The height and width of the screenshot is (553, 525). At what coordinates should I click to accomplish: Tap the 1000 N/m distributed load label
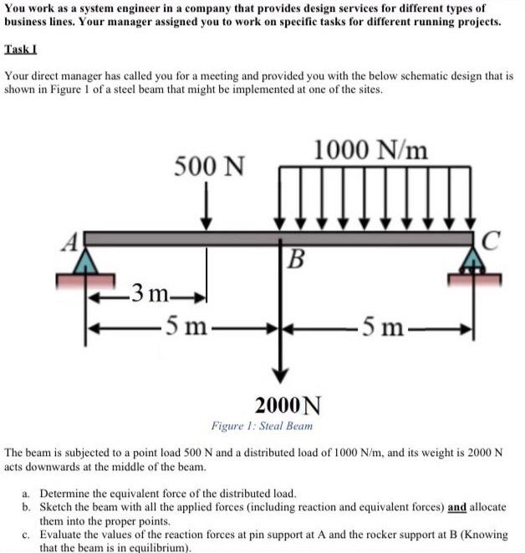(372, 150)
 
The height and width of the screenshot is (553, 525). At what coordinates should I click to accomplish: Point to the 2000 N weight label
(287, 406)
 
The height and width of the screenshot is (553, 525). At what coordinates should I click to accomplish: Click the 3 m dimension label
(150, 293)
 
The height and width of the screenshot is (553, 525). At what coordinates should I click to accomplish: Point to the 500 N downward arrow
(206, 209)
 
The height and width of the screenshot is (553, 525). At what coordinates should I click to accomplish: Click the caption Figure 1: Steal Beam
(262, 426)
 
